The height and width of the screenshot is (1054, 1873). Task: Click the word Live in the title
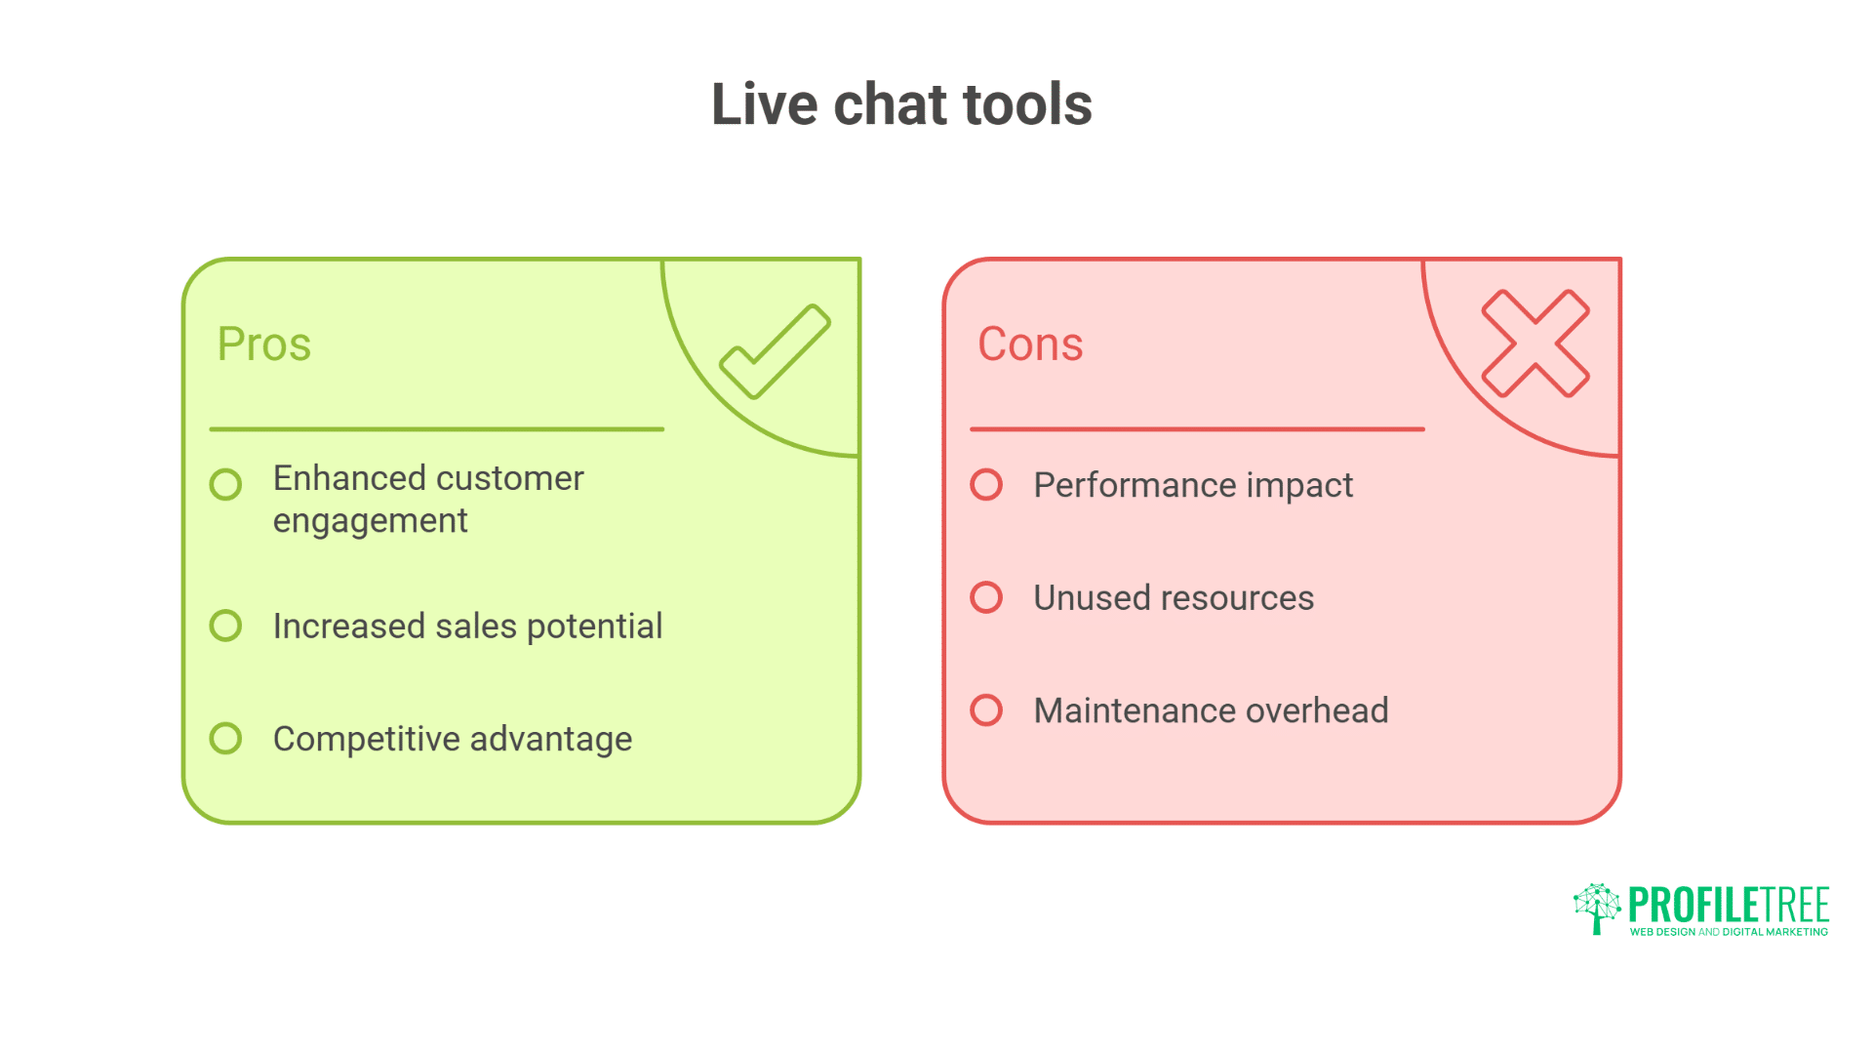764,104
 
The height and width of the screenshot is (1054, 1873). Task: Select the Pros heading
263,344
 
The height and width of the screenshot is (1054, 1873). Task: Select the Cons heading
1030,344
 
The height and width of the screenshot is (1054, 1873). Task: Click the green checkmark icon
776,351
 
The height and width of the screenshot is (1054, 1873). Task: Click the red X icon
1535,344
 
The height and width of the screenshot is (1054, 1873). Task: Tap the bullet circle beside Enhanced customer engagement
225,484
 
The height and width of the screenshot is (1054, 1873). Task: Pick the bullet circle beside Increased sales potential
225,626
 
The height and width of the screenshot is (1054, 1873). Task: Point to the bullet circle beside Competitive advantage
225,738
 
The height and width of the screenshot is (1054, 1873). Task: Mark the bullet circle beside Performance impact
986,484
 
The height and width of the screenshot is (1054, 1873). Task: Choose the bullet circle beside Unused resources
986,597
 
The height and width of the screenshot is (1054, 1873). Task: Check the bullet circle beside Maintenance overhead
986,709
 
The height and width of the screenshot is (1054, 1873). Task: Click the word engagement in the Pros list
370,522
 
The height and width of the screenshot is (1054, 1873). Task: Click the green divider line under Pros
436,428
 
